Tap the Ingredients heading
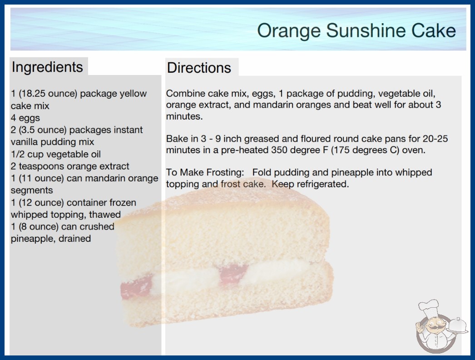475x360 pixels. pyautogui.click(x=47, y=67)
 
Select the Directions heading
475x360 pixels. pyautogui.click(x=199, y=68)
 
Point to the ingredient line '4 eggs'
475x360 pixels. pyautogui.click(x=25, y=118)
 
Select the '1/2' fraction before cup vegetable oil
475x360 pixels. pyautogui.click(x=18, y=154)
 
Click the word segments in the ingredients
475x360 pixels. pyautogui.click(x=32, y=190)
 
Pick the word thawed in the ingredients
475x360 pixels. pyautogui.click(x=105, y=215)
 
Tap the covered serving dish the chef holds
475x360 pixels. pyautogui.click(x=458, y=326)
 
